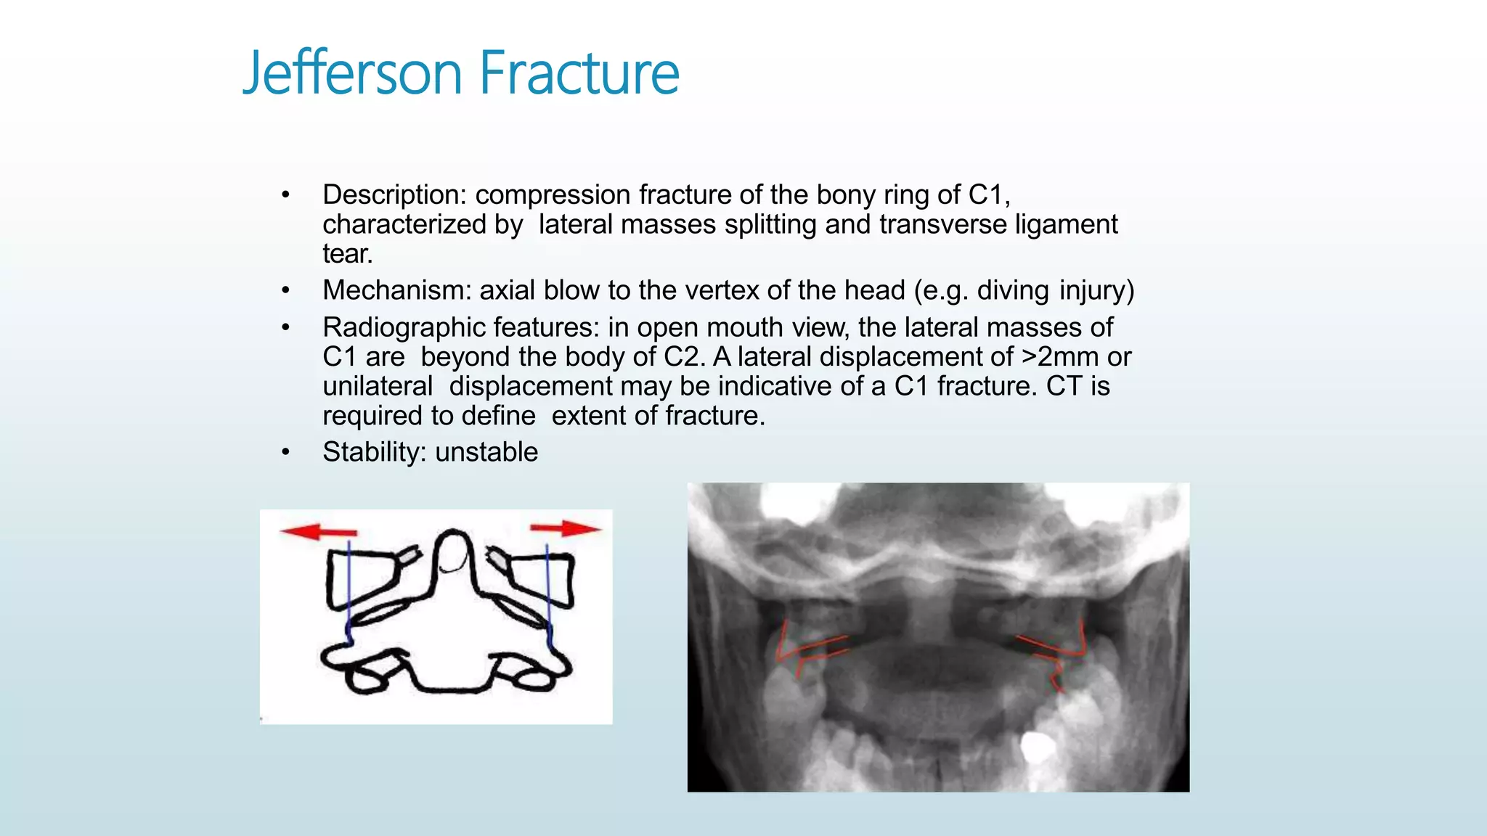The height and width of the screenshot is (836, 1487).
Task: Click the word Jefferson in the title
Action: pyautogui.click(x=352, y=73)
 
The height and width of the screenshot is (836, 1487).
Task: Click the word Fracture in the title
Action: pyautogui.click(x=579, y=73)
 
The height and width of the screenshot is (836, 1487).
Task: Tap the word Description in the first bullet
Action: pyautogui.click(x=394, y=195)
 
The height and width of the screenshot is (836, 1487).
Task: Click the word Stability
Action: pyautogui.click(x=374, y=452)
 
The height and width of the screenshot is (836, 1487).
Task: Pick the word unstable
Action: pyautogui.click(x=486, y=452)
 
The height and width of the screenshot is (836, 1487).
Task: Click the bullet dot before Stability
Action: pyautogui.click(x=286, y=453)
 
